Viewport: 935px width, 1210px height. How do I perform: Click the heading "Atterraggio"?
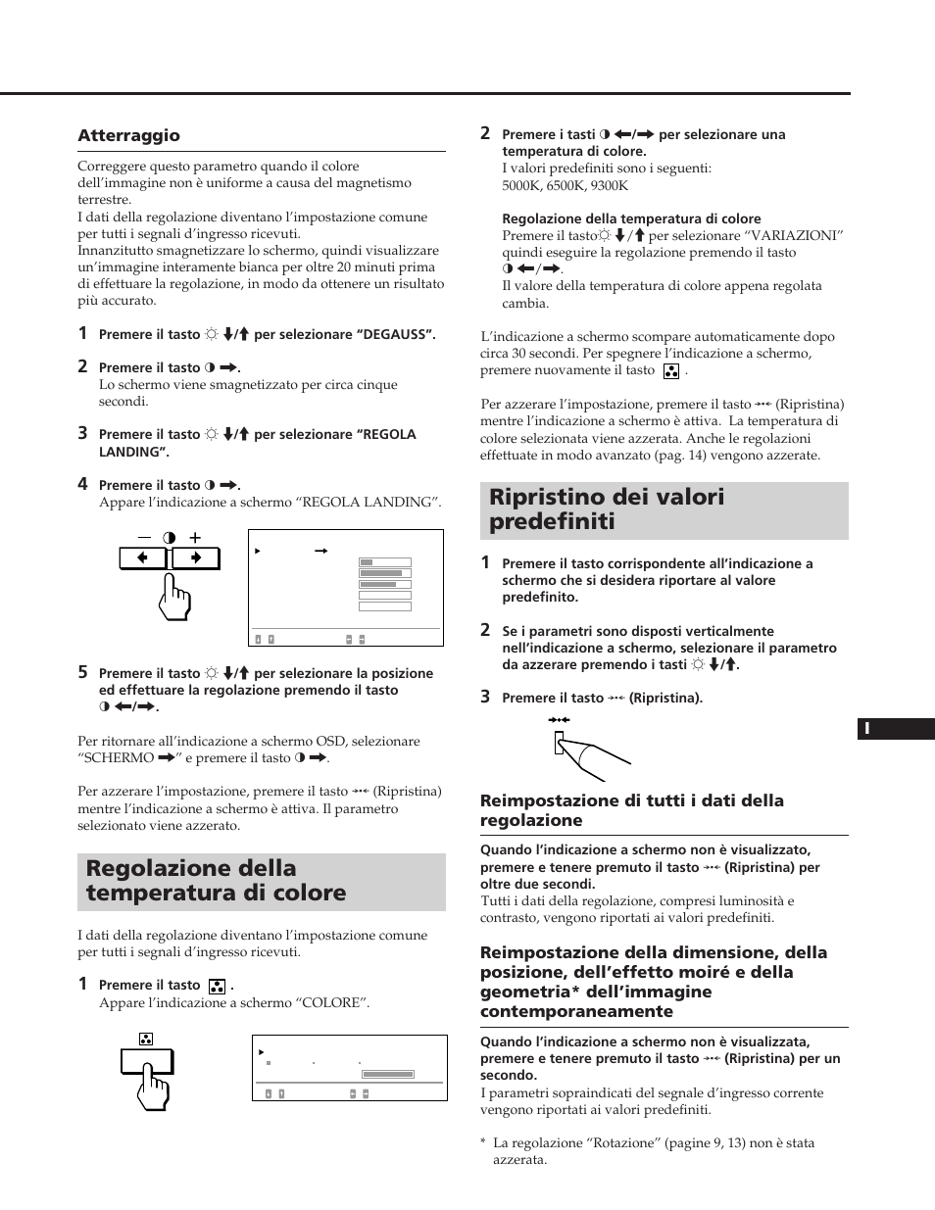128,135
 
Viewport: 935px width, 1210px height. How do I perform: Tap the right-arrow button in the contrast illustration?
196,558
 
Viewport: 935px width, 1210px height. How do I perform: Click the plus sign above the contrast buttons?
195,537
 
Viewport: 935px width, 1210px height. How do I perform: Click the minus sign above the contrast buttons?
145,537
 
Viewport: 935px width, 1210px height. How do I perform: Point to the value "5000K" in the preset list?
521,185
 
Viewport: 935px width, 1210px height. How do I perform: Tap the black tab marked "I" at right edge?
896,729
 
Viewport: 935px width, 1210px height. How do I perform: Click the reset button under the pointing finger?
560,746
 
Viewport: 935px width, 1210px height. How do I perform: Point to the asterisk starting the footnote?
483,1143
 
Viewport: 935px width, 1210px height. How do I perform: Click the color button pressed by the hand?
147,1061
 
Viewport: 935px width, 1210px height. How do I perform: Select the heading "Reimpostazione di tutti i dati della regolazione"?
631,810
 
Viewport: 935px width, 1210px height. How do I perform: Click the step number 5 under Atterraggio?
83,672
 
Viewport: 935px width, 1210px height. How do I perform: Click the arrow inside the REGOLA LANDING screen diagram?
320,552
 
